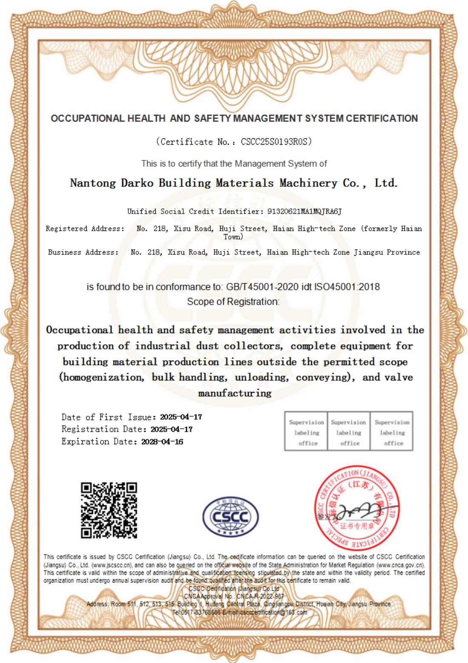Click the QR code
pos(109,510)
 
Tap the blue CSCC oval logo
pos(230,517)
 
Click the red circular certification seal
pos(356,508)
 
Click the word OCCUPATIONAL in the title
pos(88,118)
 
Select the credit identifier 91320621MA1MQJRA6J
pos(304,211)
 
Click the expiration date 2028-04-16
pos(162,442)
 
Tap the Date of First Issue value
pos(181,417)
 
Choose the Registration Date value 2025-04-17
pos(171,429)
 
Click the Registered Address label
pos(85,229)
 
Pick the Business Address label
pos(83,252)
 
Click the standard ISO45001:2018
pos(347,287)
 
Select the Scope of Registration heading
pos(233,302)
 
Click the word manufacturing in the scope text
pos(235,393)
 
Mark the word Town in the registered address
pos(233,237)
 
